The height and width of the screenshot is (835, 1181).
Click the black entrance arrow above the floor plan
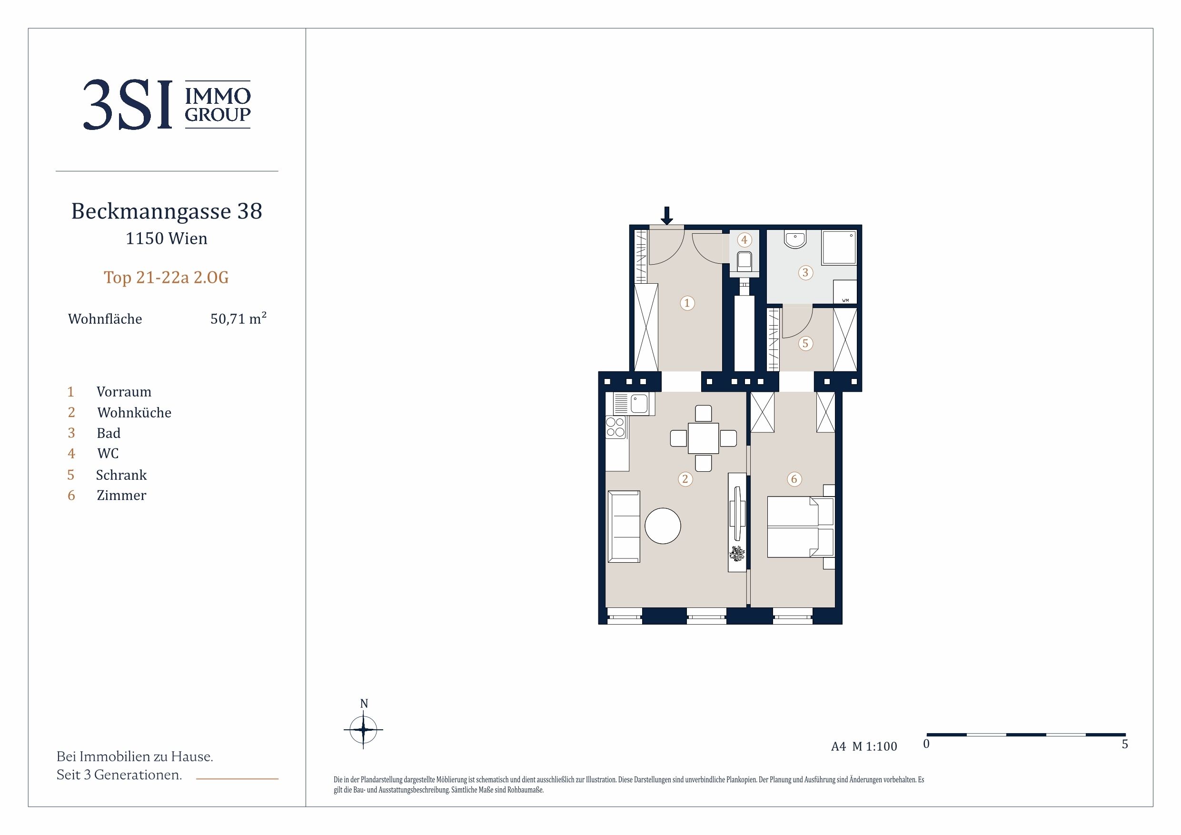coord(666,216)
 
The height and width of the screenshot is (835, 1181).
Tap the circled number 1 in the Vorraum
coord(687,303)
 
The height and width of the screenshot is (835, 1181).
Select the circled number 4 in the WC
coord(744,240)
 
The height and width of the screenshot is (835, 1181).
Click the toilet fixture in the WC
coord(744,261)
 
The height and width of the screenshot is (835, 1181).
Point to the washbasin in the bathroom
coord(795,239)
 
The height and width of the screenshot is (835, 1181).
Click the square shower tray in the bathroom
coord(839,248)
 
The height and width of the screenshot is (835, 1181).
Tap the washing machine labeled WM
coord(845,292)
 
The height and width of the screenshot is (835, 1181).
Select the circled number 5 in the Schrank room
coord(805,343)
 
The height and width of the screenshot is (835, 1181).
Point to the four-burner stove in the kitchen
coord(615,427)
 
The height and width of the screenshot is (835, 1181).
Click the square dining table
coord(703,438)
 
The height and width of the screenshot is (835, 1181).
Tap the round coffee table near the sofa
coord(663,526)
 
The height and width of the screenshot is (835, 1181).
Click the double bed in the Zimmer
coord(800,527)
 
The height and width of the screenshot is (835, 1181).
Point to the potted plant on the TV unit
coord(737,554)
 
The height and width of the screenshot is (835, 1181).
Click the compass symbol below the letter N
coord(363,729)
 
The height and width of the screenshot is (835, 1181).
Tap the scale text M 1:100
coord(874,746)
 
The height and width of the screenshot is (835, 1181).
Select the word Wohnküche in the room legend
coord(134,413)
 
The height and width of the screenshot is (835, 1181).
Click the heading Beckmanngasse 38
coord(167,211)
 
